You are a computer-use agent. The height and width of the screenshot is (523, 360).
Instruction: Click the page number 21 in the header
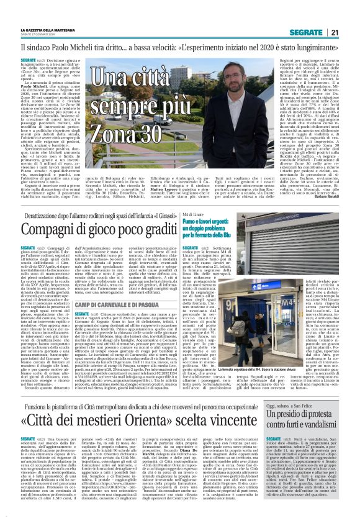click(x=335, y=32)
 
